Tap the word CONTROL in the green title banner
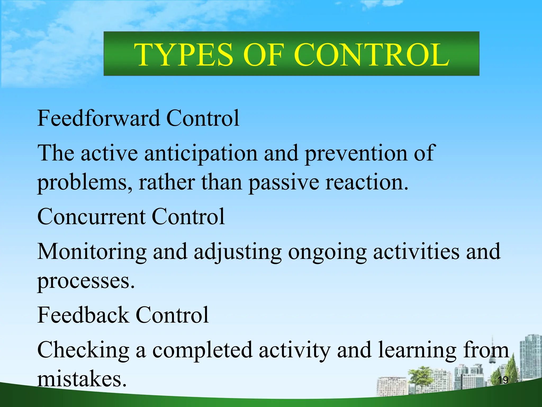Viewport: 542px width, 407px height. pos(371,55)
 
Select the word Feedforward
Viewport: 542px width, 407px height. pos(98,118)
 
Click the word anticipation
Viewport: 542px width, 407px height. pos(201,154)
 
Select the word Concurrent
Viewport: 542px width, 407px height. pos(91,217)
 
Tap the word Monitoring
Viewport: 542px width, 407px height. pos(92,252)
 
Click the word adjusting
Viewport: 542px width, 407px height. pos(238,252)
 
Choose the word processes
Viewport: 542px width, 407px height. pos(86,281)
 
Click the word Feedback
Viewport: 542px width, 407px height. pos(83,315)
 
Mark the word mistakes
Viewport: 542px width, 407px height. pos(82,379)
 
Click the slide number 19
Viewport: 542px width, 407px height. pos(503,380)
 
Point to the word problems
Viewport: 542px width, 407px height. pos(85,183)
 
